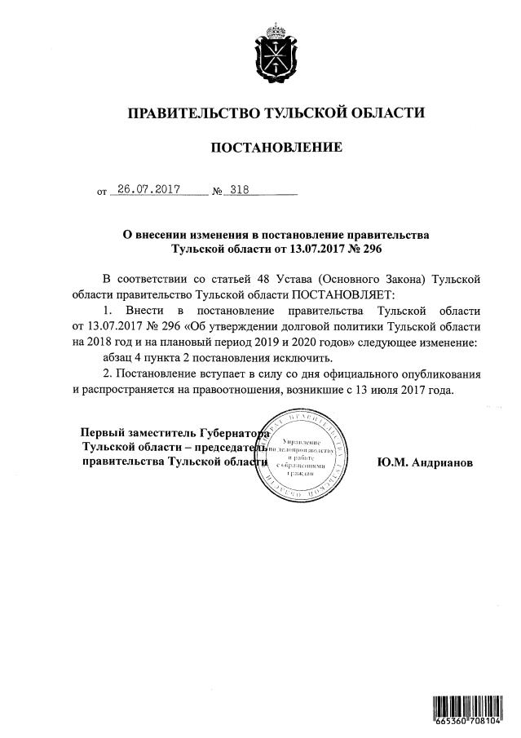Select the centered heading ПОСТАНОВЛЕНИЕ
point(277,148)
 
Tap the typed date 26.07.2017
point(148,189)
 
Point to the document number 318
point(239,189)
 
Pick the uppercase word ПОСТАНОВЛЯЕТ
point(342,294)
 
